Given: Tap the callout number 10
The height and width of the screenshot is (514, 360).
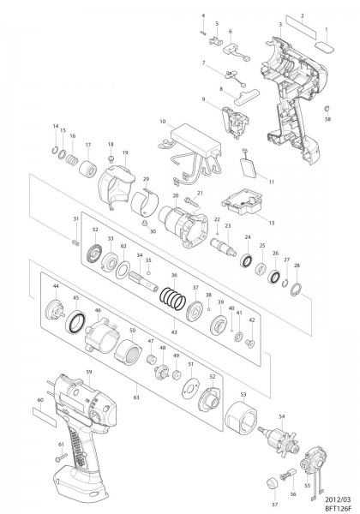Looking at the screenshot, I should click(x=161, y=123).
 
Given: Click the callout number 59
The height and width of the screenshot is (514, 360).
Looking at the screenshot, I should click(x=88, y=371).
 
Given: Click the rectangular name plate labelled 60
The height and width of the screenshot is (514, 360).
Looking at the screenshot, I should click(x=44, y=413).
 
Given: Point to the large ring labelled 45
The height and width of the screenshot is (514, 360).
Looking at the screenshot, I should click(x=75, y=323).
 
